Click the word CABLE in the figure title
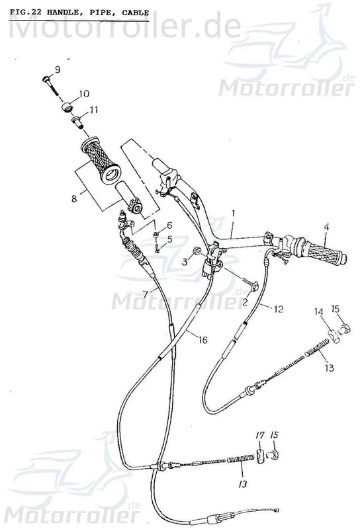[136, 13]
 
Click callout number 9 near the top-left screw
[58, 70]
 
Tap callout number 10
[84, 93]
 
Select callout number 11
[93, 110]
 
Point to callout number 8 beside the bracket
[74, 198]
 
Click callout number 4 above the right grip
[326, 227]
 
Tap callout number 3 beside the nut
[185, 261]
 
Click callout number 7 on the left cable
[145, 294]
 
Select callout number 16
[202, 339]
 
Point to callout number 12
[279, 309]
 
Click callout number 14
[319, 311]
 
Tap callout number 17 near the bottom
[260, 436]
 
